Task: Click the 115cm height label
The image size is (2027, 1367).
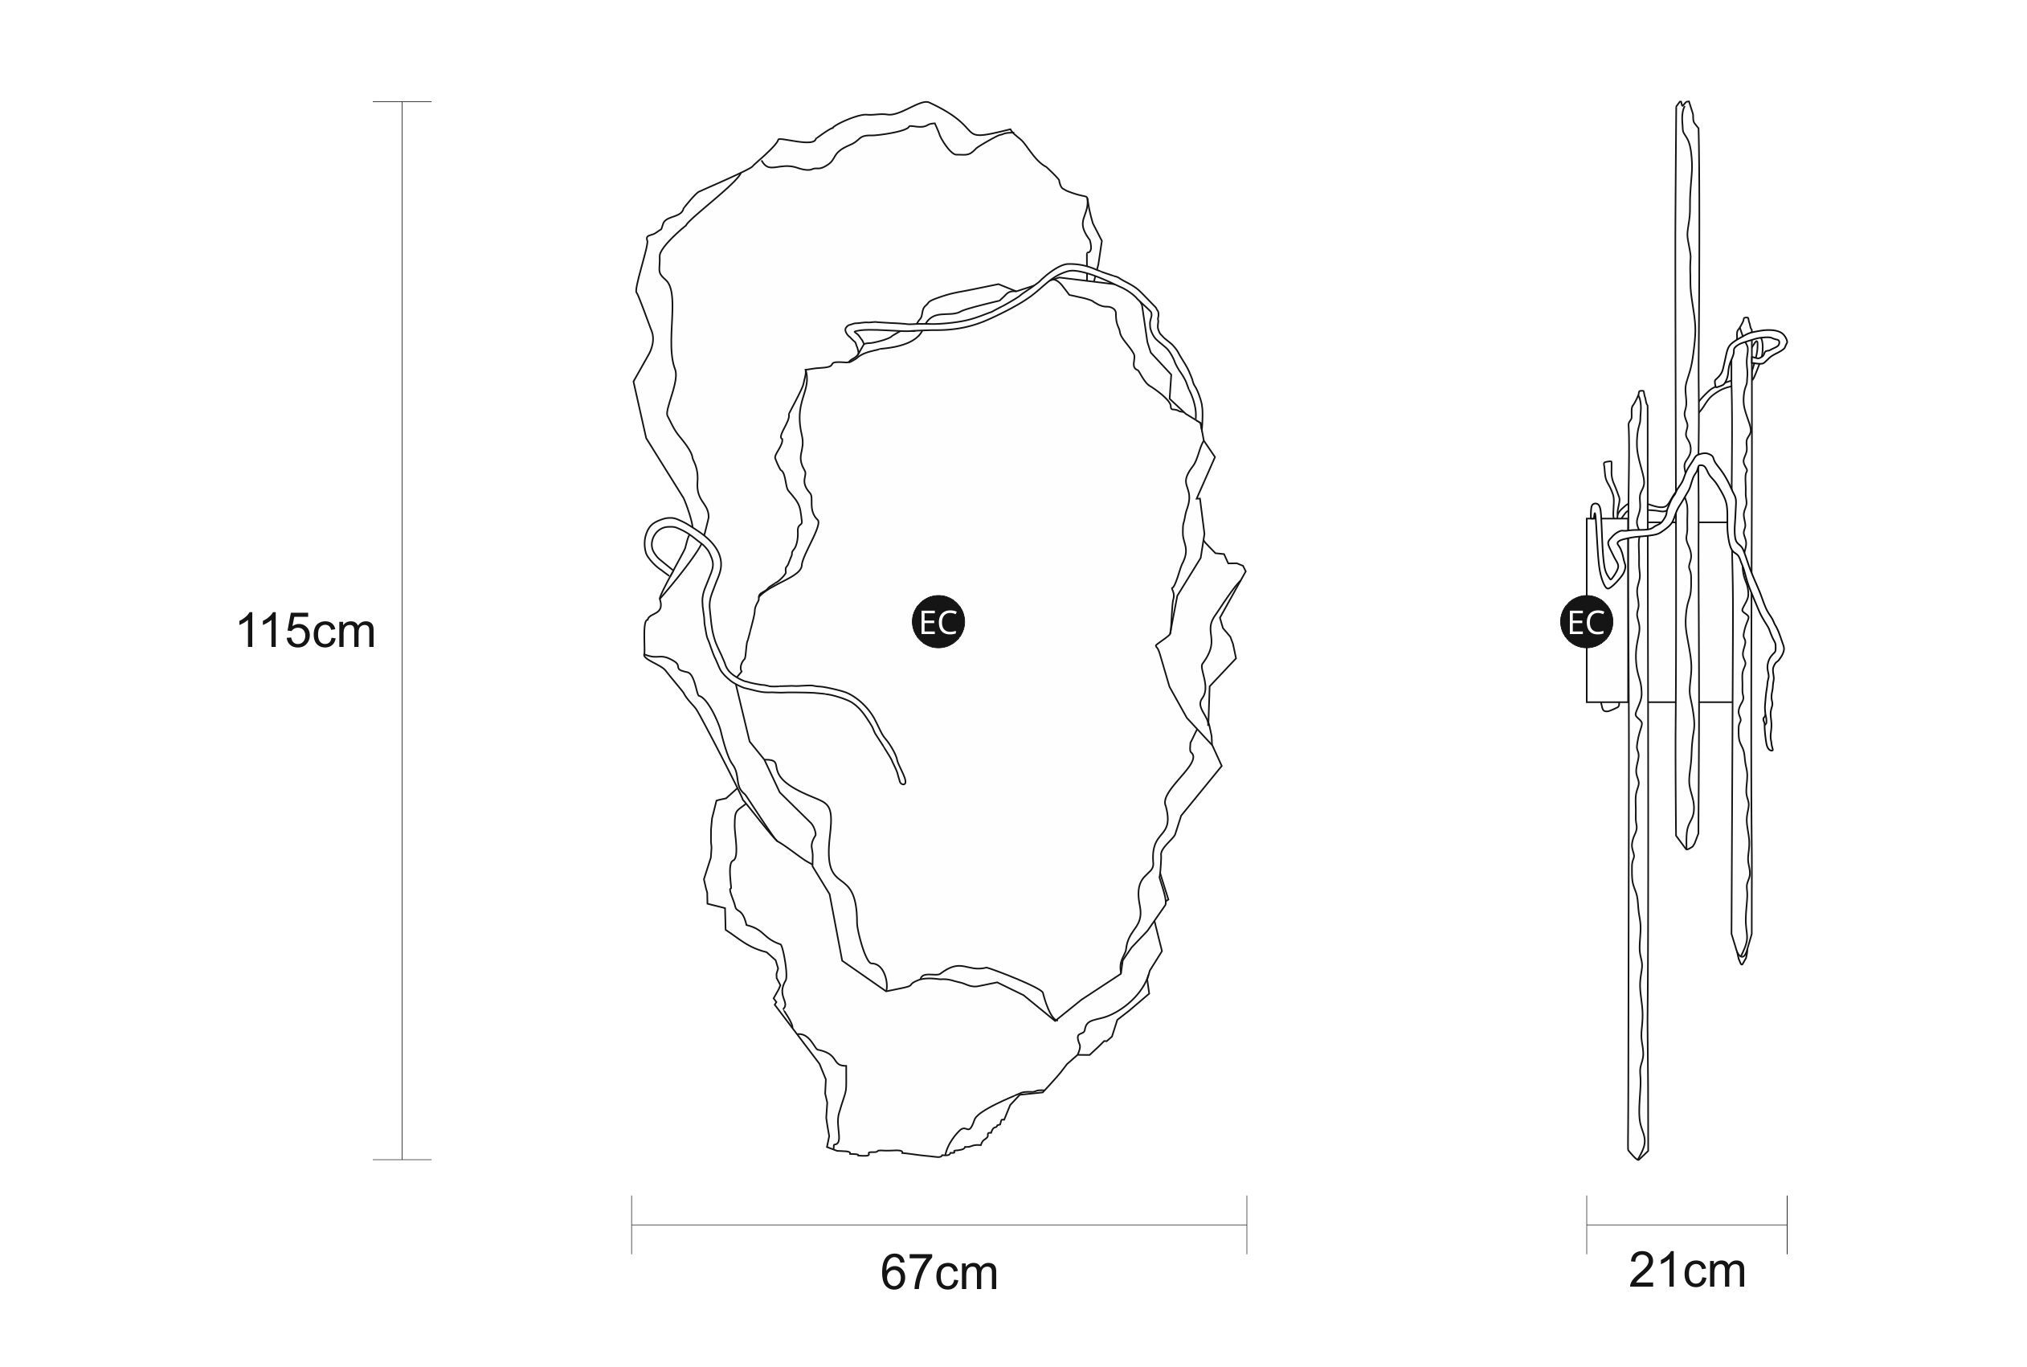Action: coord(306,630)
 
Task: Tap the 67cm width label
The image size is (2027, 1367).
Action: coord(938,1272)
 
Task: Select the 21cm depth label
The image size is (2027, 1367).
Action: coord(1686,1271)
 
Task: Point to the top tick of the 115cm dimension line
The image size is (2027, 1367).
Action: coord(402,102)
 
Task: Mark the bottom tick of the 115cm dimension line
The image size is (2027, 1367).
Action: coord(402,1160)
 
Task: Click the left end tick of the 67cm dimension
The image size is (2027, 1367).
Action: coord(631,1225)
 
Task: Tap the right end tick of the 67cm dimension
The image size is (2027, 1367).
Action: coord(1246,1225)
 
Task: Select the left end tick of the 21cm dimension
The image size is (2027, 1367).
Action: coord(1587,1225)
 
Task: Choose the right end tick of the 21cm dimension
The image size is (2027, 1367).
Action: coord(1787,1225)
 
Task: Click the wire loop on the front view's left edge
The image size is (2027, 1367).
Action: coord(662,541)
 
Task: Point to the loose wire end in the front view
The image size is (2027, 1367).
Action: coord(902,780)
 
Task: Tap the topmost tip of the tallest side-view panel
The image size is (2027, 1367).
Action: coord(1684,104)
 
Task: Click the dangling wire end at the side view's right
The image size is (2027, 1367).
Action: coord(1770,747)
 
